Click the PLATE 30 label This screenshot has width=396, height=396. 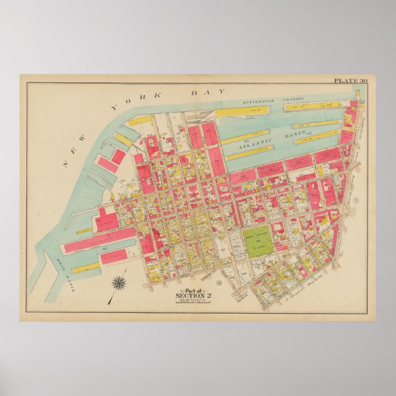click(x=350, y=81)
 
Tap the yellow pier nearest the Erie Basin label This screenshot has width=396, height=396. click(x=87, y=268)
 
